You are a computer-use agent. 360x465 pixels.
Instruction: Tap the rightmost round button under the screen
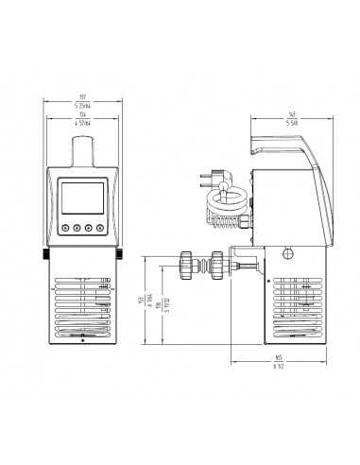[98, 227]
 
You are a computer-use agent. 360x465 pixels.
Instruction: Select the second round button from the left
[77, 227]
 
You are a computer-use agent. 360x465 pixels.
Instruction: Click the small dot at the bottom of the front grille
[82, 341]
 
